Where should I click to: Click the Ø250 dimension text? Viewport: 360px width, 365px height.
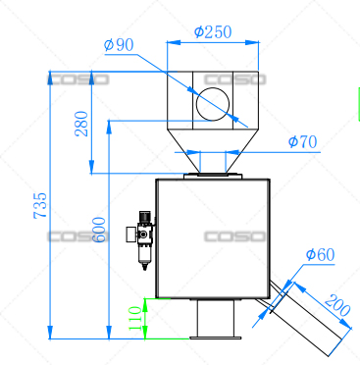212,31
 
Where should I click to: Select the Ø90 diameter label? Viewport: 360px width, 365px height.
119,44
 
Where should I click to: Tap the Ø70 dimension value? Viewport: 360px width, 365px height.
302,142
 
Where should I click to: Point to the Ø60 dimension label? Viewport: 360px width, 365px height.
320,255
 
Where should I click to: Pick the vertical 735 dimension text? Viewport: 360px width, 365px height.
40,207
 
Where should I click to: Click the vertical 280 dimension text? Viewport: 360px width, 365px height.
81,124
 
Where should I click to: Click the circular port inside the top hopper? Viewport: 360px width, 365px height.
212,102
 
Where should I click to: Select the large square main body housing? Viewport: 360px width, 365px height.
212,238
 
